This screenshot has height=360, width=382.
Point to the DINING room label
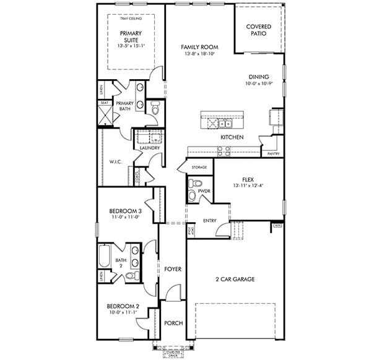[x=259, y=77]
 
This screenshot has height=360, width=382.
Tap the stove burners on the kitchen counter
[x=222, y=148]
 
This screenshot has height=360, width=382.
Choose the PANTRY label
[x=273, y=153]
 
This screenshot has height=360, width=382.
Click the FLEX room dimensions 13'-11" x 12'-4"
[x=248, y=186]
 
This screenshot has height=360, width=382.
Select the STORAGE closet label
[x=199, y=167]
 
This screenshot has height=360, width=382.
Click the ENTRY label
[x=210, y=221]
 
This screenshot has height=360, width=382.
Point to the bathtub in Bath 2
[x=105, y=256]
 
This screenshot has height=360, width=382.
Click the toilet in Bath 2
[x=131, y=276]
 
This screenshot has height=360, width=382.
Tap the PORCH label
[x=171, y=324]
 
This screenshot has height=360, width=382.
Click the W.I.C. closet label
[x=116, y=163]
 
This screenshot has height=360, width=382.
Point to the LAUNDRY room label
[x=150, y=148]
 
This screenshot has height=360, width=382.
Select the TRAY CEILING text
[x=130, y=19]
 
